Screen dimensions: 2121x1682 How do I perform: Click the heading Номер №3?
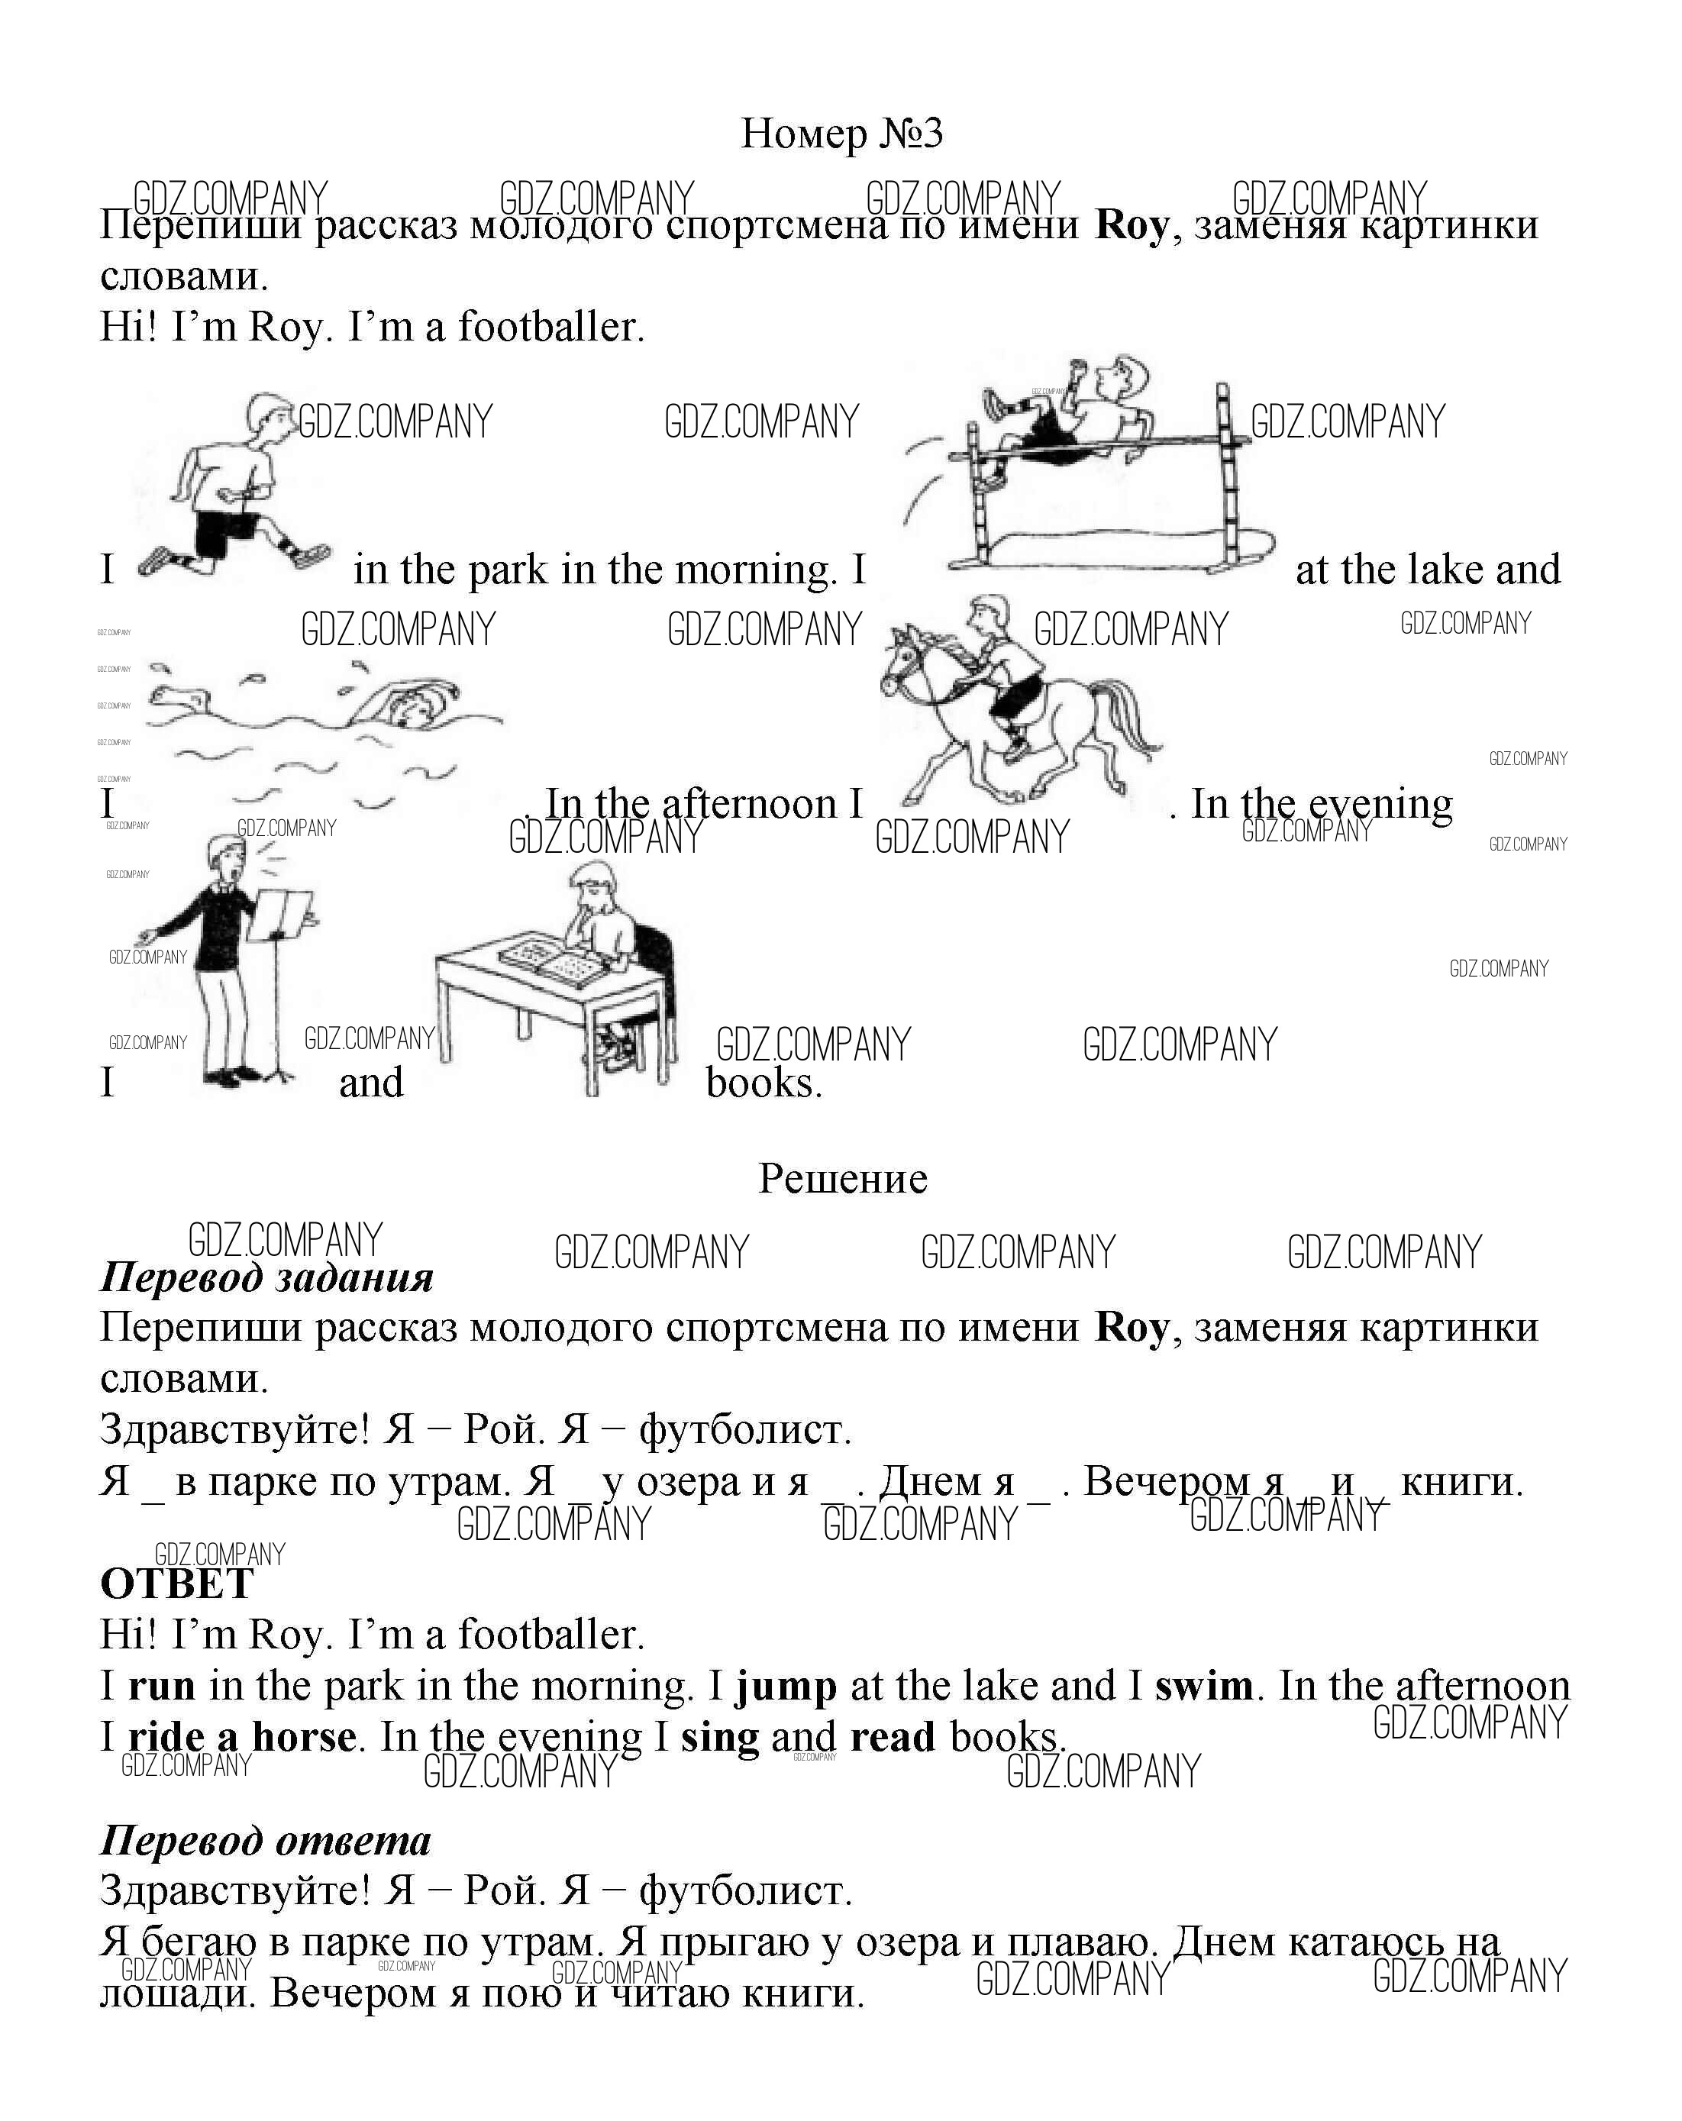click(841, 134)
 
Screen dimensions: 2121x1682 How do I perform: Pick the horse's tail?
click(1132, 718)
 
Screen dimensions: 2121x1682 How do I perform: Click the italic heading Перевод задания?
click(266, 1277)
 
